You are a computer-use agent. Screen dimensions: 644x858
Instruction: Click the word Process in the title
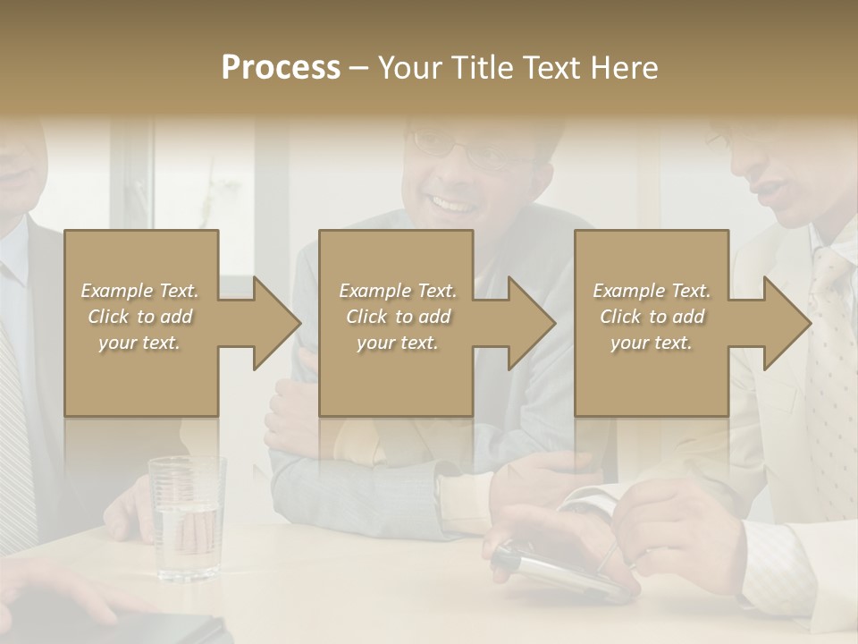coord(281,67)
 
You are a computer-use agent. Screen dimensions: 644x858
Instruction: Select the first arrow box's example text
coord(140,317)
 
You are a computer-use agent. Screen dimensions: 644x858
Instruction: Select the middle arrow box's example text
coord(398,317)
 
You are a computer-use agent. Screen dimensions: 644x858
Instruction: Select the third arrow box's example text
coord(652,317)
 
